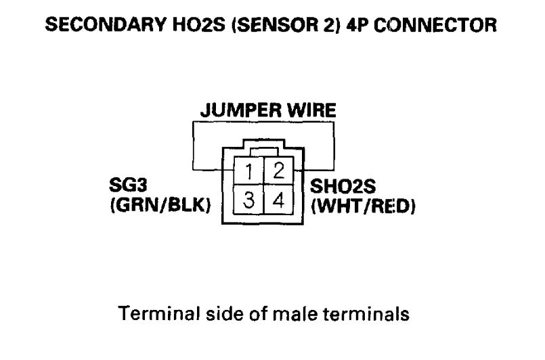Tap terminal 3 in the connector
249,200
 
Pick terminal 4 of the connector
278,200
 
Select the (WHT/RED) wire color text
363,205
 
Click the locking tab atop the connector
263,150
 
